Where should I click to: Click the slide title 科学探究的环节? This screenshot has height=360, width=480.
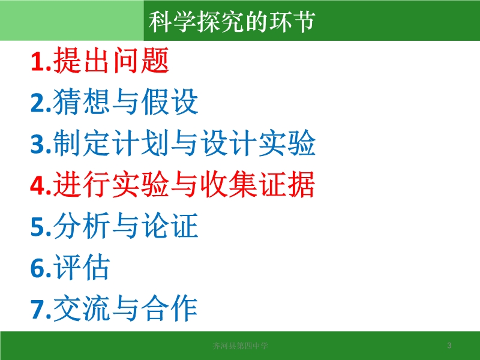click(232, 22)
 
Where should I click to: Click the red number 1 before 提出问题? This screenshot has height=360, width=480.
click(37, 62)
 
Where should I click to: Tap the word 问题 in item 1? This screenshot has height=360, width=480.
click(140, 61)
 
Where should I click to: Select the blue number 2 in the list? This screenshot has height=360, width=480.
click(37, 103)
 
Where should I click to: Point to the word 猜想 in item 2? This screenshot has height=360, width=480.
click(82, 101)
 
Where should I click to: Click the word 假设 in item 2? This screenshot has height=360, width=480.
click(170, 101)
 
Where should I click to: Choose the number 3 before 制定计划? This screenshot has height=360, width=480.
click(37, 144)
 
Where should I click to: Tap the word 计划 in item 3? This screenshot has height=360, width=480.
click(140, 143)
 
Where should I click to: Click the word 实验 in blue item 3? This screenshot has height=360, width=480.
click(287, 143)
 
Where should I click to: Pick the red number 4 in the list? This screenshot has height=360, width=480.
click(37, 185)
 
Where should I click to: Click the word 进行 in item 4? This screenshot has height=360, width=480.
click(82, 184)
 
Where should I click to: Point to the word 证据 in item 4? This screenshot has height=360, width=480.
click(287, 184)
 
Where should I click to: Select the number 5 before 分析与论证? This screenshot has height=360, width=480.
click(37, 227)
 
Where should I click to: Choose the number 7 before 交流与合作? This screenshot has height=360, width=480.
click(37, 310)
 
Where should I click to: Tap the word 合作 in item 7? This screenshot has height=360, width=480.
click(170, 308)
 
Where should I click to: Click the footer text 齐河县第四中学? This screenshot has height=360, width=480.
click(241, 346)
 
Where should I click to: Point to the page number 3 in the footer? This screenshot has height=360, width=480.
click(449, 346)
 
